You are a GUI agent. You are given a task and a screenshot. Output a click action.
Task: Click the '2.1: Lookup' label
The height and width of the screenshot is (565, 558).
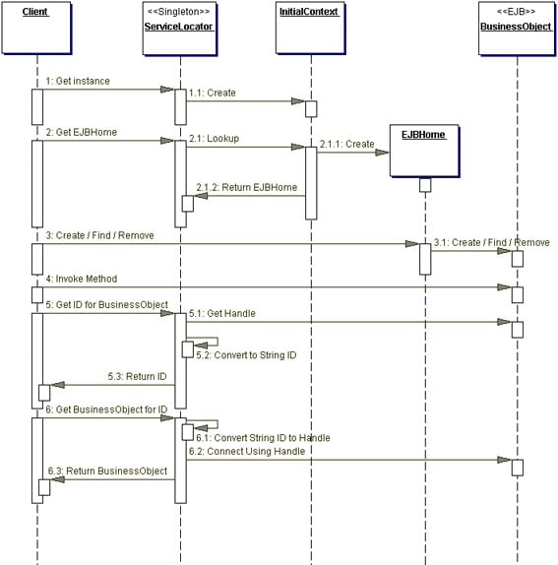[214, 139]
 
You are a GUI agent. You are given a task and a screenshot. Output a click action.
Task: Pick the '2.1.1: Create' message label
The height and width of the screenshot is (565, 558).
[346, 144]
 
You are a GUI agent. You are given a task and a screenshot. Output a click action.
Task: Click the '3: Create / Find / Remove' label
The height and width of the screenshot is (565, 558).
[99, 235]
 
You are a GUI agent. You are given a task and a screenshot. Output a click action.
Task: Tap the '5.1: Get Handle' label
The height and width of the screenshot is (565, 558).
[222, 312]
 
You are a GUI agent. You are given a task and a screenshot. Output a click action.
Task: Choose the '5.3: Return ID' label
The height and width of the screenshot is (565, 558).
[138, 376]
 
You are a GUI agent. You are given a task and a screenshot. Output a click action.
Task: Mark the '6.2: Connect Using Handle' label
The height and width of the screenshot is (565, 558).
[247, 450]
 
